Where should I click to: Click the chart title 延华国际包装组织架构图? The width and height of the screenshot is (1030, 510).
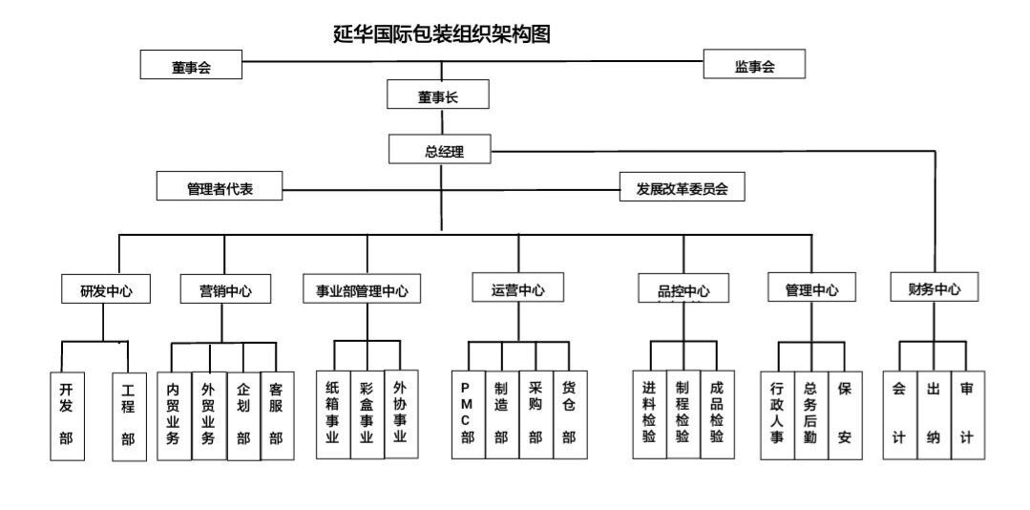pos(441,35)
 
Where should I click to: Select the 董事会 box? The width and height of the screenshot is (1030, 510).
pos(191,66)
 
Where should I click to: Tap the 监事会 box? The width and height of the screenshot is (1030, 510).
pos(754,65)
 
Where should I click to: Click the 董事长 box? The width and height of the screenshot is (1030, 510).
pos(438,96)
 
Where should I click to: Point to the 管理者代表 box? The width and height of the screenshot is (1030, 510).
pos(220,187)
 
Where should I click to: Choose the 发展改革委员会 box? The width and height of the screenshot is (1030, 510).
pos(682,187)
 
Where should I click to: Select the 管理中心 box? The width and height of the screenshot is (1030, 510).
pos(811,289)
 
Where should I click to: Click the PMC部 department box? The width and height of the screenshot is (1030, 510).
pos(468,414)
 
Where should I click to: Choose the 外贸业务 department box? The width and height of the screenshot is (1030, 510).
pos(208,414)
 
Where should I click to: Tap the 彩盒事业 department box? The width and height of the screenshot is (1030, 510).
pos(367,413)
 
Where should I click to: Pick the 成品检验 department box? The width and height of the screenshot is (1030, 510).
pos(717,413)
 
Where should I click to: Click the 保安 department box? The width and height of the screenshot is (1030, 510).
pos(844,414)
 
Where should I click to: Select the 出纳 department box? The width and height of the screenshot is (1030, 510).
pos(933,414)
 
